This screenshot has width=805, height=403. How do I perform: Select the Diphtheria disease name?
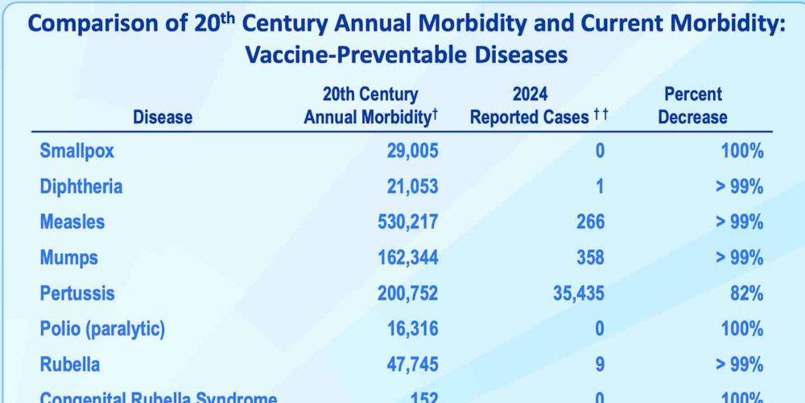[x=80, y=187]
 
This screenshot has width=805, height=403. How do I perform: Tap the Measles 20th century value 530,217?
[x=408, y=222]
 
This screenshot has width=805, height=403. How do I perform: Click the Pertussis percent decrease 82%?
[x=747, y=293]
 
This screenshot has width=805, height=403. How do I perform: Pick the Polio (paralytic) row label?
[x=102, y=329]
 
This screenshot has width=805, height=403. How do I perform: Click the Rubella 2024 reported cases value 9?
[x=600, y=364]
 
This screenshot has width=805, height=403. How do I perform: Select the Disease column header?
[x=163, y=117]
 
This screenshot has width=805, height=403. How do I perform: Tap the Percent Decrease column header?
[x=692, y=106]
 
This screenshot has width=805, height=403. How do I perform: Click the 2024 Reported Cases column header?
[x=539, y=106]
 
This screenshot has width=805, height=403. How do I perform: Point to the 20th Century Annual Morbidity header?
[x=370, y=106]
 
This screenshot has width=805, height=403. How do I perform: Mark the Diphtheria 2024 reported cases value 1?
[x=600, y=187]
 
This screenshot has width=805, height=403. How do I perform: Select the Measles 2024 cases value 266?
[x=589, y=222]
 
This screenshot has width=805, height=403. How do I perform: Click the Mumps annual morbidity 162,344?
[x=408, y=258]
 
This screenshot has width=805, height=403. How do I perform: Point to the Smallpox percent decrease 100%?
[x=741, y=151]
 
